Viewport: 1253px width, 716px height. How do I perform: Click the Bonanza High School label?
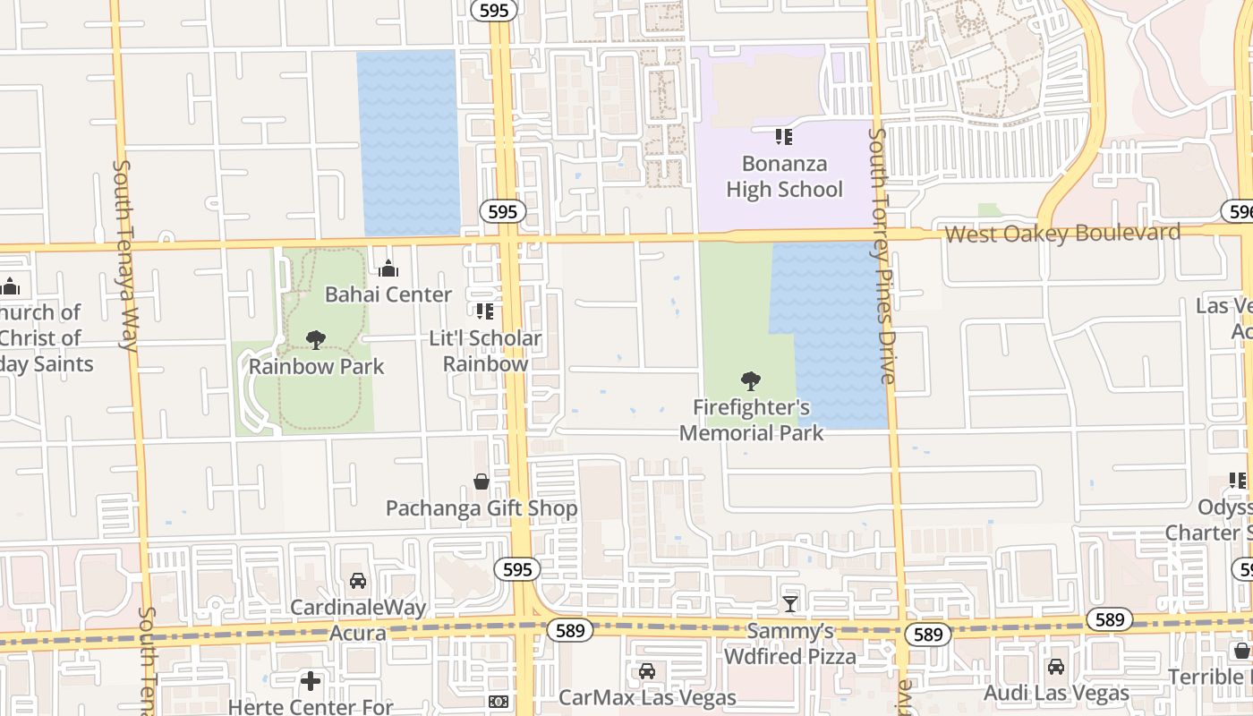(x=784, y=176)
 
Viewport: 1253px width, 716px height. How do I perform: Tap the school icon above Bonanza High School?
(x=784, y=137)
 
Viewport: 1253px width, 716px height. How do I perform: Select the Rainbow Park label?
(x=316, y=366)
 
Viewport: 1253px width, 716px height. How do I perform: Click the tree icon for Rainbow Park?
(x=316, y=339)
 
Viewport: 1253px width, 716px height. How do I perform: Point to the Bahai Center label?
(x=388, y=294)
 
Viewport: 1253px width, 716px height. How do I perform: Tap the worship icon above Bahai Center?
(x=388, y=268)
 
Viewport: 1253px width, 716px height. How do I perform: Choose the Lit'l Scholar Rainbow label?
(x=485, y=351)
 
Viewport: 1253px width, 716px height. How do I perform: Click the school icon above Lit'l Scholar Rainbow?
(x=485, y=311)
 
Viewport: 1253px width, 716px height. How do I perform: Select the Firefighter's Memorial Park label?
(x=751, y=420)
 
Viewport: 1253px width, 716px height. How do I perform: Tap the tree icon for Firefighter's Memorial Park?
(x=751, y=381)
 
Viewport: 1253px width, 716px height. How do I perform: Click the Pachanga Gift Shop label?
(x=482, y=508)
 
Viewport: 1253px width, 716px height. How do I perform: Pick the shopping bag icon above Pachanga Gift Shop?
(x=482, y=482)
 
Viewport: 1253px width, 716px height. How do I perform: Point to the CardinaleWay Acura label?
(x=358, y=619)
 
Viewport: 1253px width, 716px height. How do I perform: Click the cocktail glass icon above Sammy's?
(x=790, y=604)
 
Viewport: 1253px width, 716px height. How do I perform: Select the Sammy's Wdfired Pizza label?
(x=790, y=644)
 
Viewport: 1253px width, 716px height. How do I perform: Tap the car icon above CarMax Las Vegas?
(x=647, y=671)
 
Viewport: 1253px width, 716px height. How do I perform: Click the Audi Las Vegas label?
(x=1056, y=693)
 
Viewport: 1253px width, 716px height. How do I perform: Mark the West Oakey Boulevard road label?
(x=1062, y=234)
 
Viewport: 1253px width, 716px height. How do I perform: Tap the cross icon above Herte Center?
(x=311, y=681)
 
